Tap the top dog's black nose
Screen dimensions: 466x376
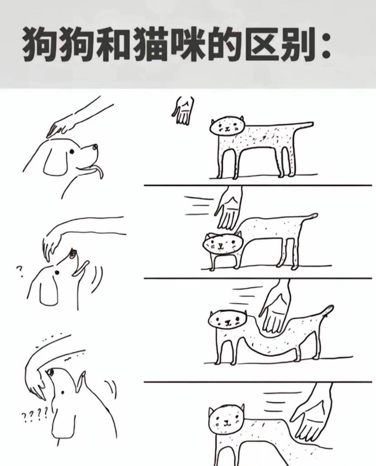coord(95,148)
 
